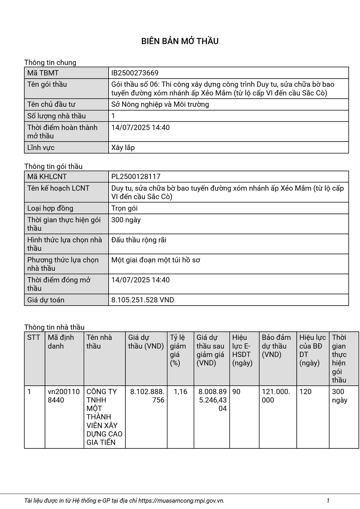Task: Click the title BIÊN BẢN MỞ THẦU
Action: (x=180, y=41)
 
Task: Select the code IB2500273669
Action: (x=135, y=73)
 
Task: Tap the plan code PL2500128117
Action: (x=136, y=177)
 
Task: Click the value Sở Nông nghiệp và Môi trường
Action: (x=160, y=104)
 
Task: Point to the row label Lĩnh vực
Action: (x=41, y=148)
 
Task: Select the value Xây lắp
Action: (x=123, y=148)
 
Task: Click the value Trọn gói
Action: (x=124, y=208)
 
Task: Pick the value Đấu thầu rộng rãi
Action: (x=139, y=240)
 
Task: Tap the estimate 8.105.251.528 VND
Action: (x=142, y=300)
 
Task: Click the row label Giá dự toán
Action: (x=46, y=300)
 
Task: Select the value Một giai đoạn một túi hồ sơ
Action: (x=155, y=260)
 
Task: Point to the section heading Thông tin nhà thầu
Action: (x=54, y=327)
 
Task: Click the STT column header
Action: (x=33, y=337)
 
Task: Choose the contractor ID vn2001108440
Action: (x=64, y=396)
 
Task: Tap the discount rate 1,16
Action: (x=180, y=392)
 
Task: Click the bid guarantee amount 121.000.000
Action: (x=276, y=396)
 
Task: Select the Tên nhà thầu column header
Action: (x=99, y=342)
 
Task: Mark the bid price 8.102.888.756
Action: (x=147, y=396)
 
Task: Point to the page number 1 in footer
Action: (x=328, y=501)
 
